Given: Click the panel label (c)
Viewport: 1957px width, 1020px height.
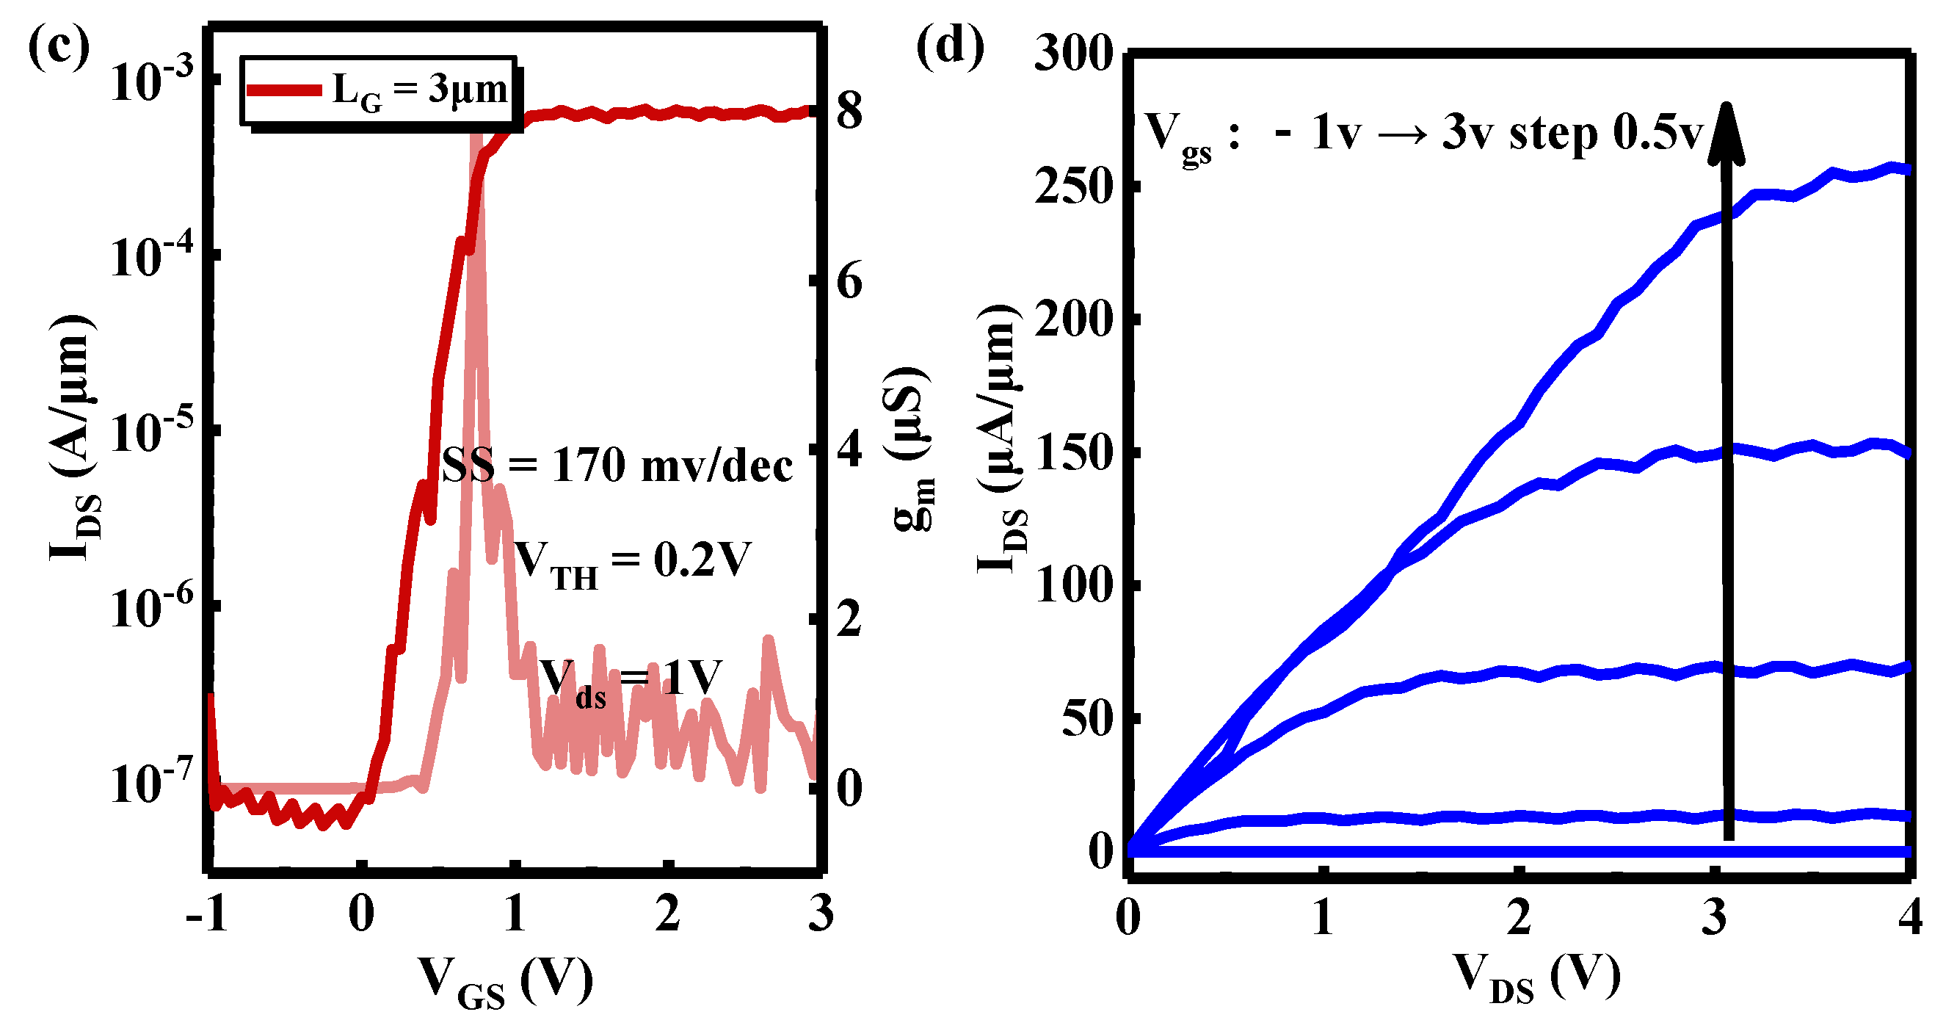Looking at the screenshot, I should click(58, 47).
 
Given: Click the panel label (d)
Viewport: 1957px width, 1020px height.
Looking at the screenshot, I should click(950, 47).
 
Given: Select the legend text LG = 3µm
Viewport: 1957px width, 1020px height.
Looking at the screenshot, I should click(420, 91).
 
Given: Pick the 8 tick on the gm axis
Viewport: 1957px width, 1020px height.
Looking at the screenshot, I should click(849, 111).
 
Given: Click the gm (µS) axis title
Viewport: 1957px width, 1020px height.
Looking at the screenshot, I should click(909, 449).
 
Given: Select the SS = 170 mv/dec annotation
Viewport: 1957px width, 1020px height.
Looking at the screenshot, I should click(617, 465).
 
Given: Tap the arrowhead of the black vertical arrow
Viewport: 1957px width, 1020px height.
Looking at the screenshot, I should click(1726, 133).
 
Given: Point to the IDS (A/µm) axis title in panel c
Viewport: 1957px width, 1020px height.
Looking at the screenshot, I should click(73, 437).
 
